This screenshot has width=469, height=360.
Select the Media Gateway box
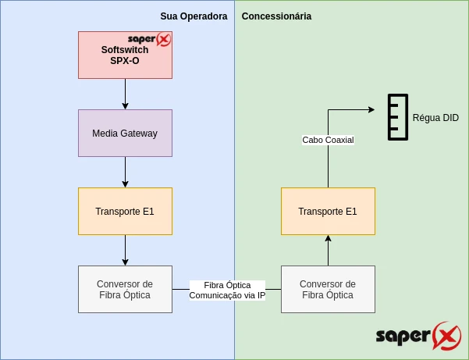(125, 133)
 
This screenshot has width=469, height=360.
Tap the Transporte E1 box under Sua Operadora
(125, 211)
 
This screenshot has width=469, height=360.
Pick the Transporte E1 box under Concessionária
(328, 211)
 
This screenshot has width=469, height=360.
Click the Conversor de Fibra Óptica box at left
(125, 289)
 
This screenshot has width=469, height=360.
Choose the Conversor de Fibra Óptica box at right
(328, 289)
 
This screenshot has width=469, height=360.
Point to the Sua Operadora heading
(194, 16)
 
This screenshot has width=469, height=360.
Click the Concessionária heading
(276, 16)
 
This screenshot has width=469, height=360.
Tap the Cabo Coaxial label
(328, 140)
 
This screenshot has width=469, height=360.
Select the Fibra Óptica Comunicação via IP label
(227, 290)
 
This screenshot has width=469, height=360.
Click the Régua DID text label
(435, 118)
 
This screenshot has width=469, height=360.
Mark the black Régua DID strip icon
(398, 117)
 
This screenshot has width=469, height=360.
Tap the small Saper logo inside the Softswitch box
(149, 39)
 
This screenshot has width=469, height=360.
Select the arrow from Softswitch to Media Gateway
(125, 94)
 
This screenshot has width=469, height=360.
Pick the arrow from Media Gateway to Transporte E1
(125, 172)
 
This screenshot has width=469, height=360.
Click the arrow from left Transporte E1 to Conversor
(125, 250)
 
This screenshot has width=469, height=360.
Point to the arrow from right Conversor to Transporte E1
(328, 250)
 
